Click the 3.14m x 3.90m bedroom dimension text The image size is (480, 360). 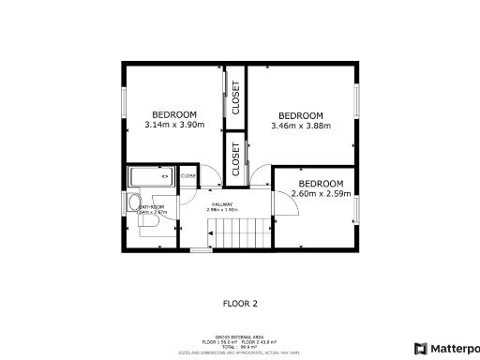click(x=174, y=126)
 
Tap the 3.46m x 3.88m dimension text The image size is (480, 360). click(x=301, y=126)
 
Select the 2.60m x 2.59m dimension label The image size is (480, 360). click(x=322, y=194)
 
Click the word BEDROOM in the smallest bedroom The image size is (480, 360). click(x=322, y=184)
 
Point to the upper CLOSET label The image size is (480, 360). click(x=235, y=97)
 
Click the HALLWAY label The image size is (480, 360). click(x=222, y=205)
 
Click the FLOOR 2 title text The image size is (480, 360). click(x=240, y=303)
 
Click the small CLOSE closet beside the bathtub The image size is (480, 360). click(x=188, y=175)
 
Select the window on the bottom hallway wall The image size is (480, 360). click(x=201, y=250)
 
